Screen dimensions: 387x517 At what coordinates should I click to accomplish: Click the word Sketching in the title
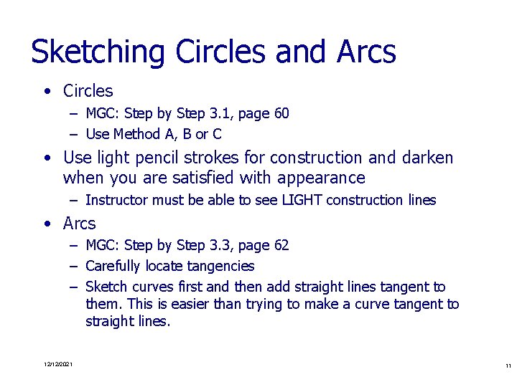click(x=98, y=52)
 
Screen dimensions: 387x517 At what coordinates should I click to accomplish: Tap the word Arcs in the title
click(x=365, y=52)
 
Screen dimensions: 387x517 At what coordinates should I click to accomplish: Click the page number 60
click(x=281, y=113)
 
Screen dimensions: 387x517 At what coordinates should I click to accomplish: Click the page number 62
click(x=281, y=246)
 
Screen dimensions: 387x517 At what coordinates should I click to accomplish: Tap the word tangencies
click(x=219, y=267)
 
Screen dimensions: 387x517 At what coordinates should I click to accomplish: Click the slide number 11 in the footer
click(x=507, y=365)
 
